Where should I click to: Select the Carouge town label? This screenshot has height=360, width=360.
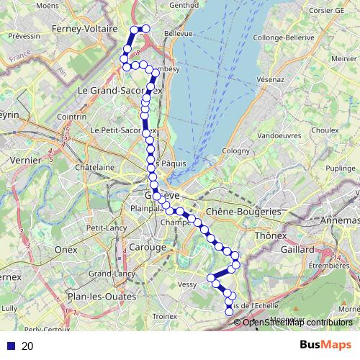(x=148, y=247)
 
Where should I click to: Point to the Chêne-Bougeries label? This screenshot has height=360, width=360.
(x=243, y=212)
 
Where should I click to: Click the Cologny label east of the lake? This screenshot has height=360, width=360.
(x=235, y=150)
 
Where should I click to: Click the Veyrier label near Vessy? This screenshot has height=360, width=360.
(x=186, y=284)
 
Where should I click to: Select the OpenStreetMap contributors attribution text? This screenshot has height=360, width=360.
(x=297, y=322)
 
